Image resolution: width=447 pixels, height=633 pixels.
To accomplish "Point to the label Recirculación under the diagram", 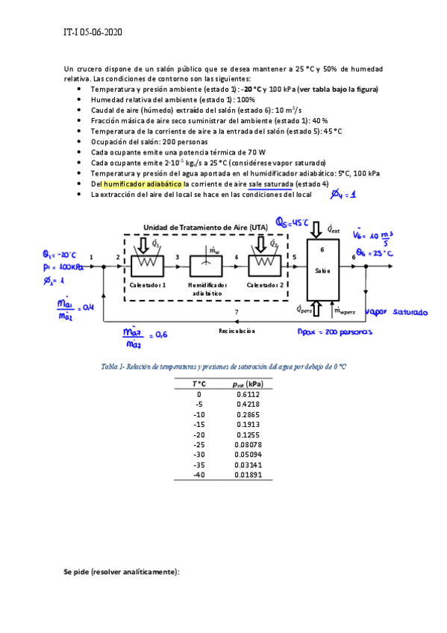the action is (x=237, y=329).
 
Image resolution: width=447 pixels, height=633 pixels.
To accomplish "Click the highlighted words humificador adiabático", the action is (x=143, y=183).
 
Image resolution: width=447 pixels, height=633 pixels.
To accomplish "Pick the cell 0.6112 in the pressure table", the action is (x=248, y=394).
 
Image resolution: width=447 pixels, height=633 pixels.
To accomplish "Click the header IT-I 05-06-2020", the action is (x=93, y=33).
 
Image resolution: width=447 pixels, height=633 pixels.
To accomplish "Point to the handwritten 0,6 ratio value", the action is (x=160, y=334).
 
